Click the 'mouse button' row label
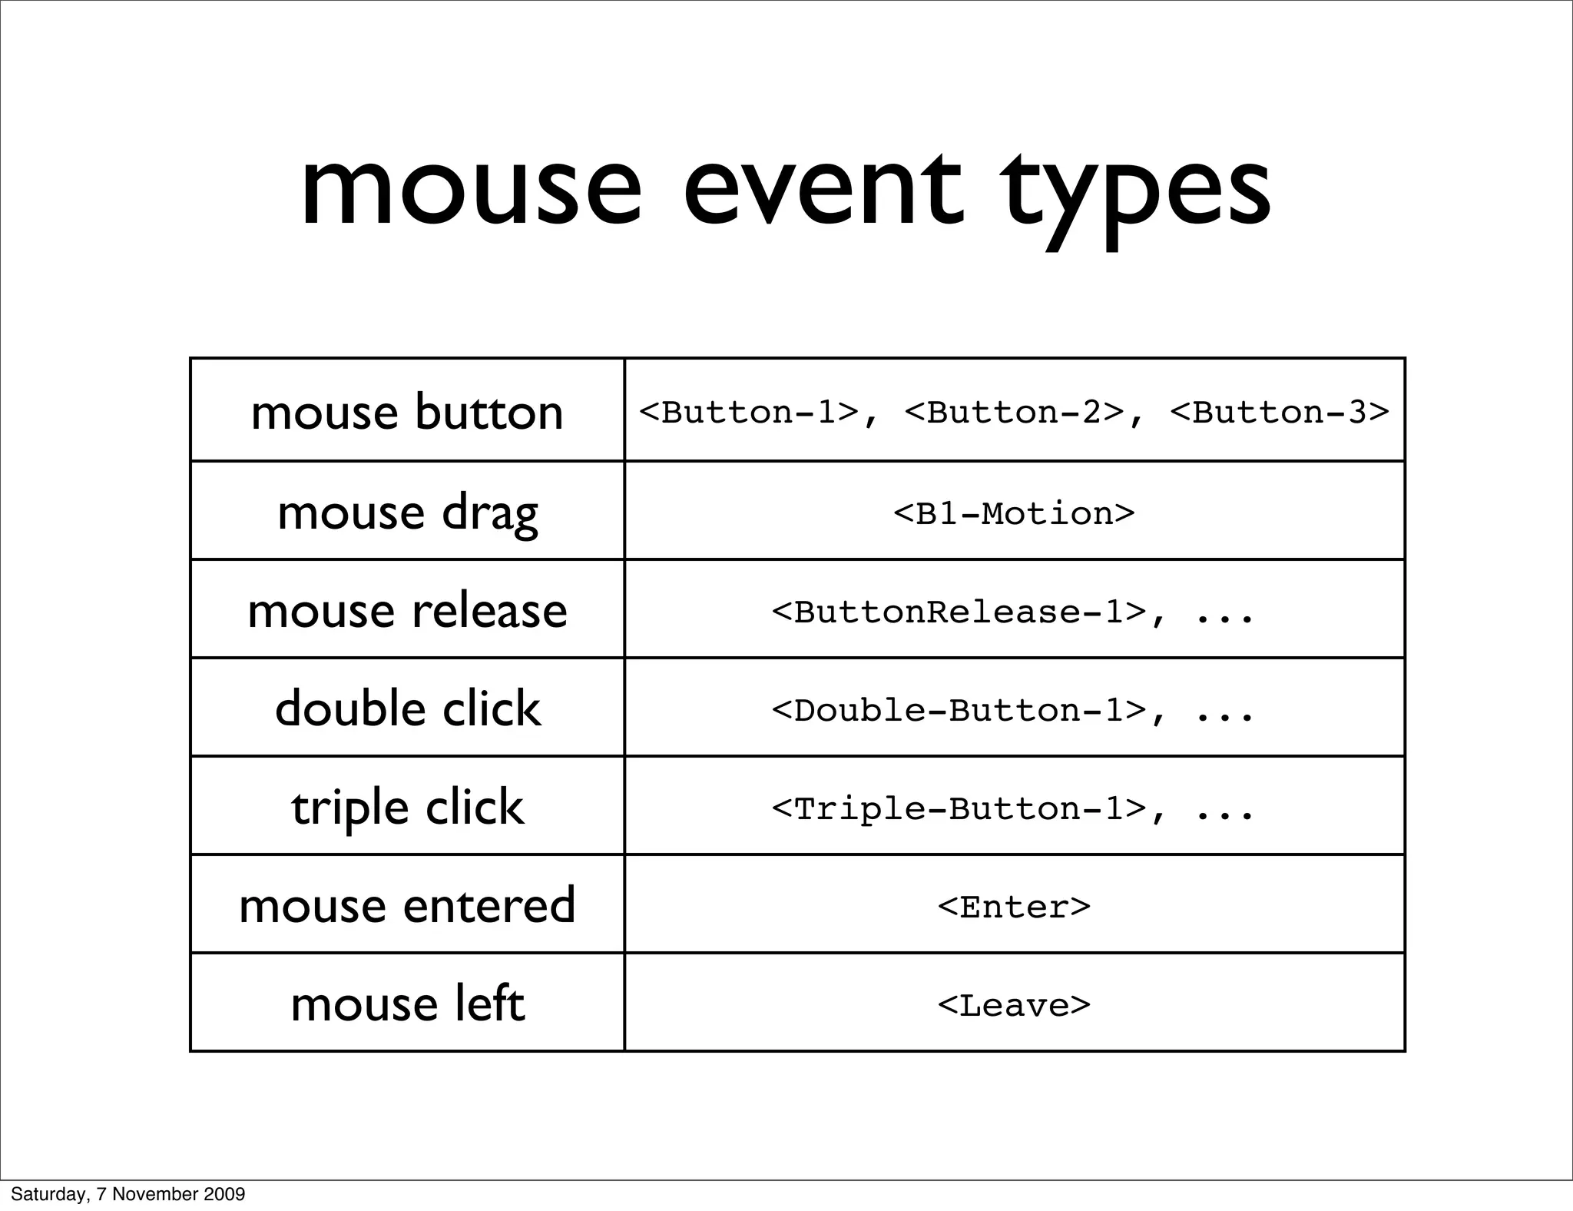point(407,412)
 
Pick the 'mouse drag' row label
point(407,513)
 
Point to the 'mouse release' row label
point(407,611)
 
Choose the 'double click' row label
point(407,708)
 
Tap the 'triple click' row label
point(407,808)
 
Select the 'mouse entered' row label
point(407,905)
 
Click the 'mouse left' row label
point(407,1004)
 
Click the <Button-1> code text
point(749,413)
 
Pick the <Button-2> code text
point(1015,413)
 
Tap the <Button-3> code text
point(1280,413)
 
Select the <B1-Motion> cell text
point(1014,513)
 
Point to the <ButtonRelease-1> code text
point(959,612)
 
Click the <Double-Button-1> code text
point(959,711)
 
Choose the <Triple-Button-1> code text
point(959,809)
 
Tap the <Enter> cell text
point(1014,907)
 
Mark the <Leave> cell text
point(1014,1006)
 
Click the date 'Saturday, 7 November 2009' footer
point(127,1194)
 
